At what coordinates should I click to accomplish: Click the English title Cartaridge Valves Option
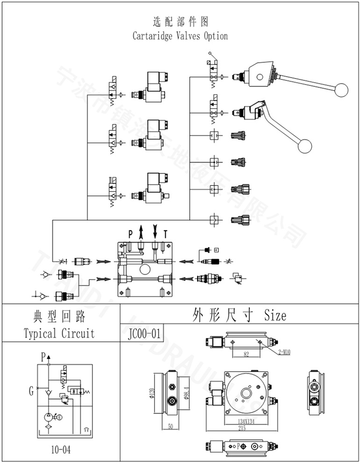[180, 36]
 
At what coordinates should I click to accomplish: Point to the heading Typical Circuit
[59, 333]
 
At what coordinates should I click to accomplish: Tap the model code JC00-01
[143, 334]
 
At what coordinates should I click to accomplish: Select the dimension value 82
[246, 355]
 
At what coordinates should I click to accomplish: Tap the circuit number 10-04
[61, 450]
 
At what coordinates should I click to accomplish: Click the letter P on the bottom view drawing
[239, 446]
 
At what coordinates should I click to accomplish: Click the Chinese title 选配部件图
[180, 21]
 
